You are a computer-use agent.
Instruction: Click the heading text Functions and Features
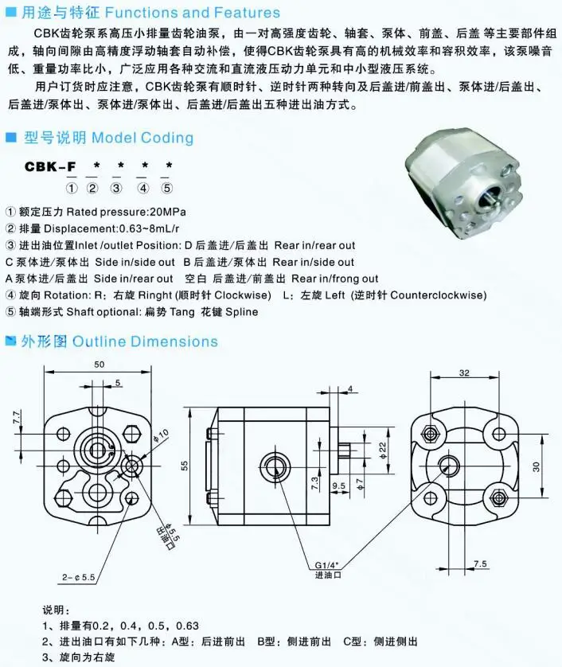(193, 13)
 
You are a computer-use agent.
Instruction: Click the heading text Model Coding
(142, 138)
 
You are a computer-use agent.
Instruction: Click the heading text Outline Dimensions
(145, 341)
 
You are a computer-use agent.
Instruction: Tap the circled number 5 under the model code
(166, 189)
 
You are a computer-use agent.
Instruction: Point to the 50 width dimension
(99, 365)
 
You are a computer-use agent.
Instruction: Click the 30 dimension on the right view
(537, 466)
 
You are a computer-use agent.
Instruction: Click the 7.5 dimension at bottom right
(480, 564)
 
